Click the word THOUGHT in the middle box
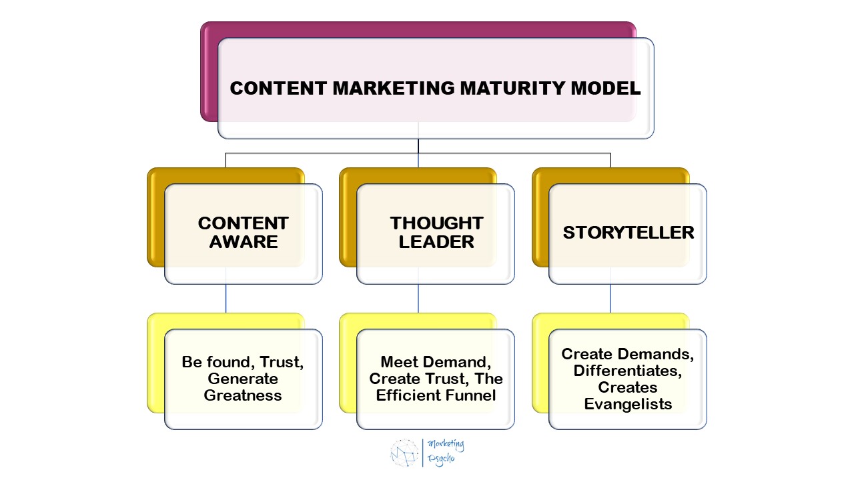[x=436, y=223]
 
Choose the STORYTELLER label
[x=628, y=232]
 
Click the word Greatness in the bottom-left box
[x=243, y=395]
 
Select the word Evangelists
[x=628, y=404]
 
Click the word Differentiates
[x=628, y=371]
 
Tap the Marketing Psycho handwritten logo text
[x=446, y=451]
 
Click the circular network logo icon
[x=404, y=452]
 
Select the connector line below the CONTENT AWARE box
[x=226, y=298]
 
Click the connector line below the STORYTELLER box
[x=610, y=298]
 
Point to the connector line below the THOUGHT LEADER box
[x=418, y=298]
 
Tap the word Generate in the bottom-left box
[x=243, y=379]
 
